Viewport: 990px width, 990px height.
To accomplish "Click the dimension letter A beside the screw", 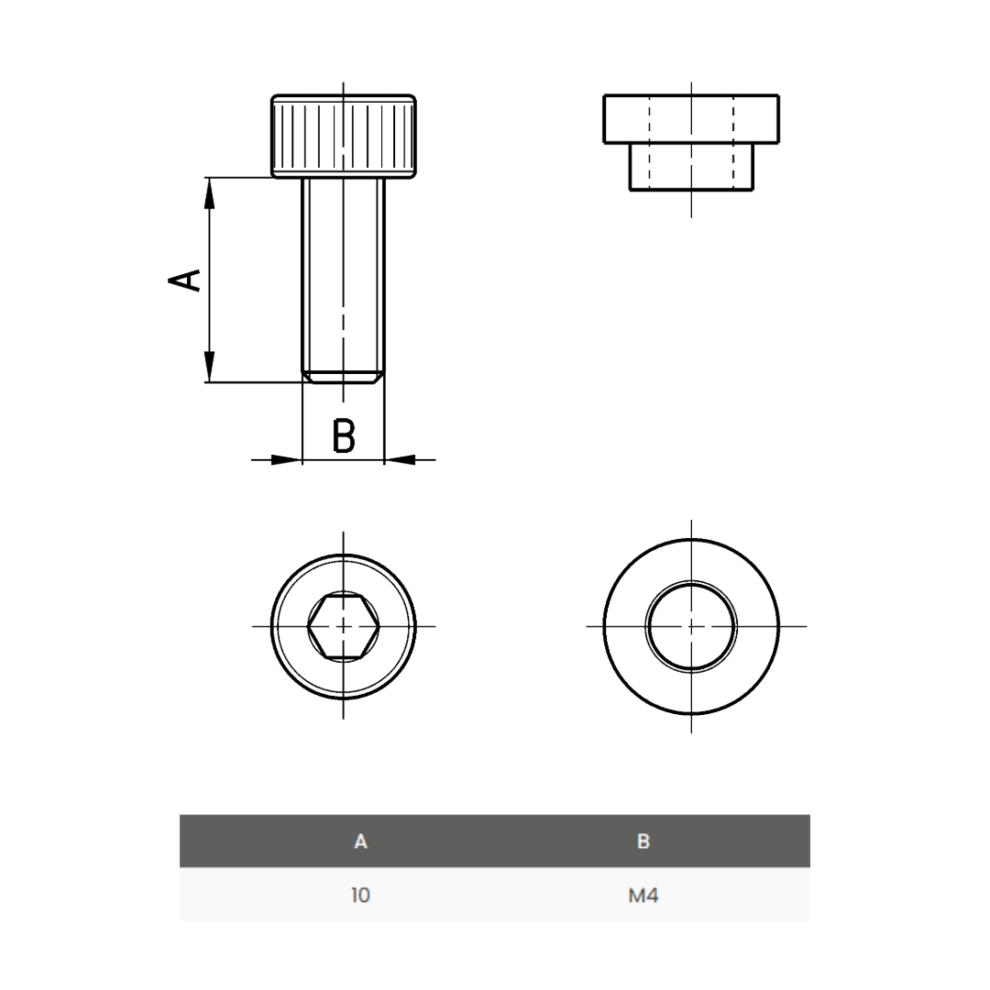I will [185, 280].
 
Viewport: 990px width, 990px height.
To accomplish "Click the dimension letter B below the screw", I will [344, 436].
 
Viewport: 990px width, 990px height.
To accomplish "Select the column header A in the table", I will [360, 841].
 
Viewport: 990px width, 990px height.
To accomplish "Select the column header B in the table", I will [643, 841].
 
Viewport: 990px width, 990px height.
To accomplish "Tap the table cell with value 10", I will [360, 896].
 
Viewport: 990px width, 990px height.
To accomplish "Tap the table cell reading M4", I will [643, 896].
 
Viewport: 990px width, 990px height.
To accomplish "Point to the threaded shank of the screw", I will [344, 275].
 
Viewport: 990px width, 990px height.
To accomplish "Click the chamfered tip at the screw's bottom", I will [344, 377].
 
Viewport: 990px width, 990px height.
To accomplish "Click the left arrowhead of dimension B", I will [285, 459].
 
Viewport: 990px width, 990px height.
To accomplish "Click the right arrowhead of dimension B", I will [401, 459].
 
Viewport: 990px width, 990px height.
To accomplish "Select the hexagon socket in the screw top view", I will [344, 626].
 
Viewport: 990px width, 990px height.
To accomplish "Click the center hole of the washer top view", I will [691, 626].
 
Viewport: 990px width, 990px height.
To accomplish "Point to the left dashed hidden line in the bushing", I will [649, 142].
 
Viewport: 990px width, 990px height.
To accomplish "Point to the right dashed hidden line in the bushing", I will [733, 142].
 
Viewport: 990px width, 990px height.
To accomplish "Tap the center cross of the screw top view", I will [344, 626].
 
